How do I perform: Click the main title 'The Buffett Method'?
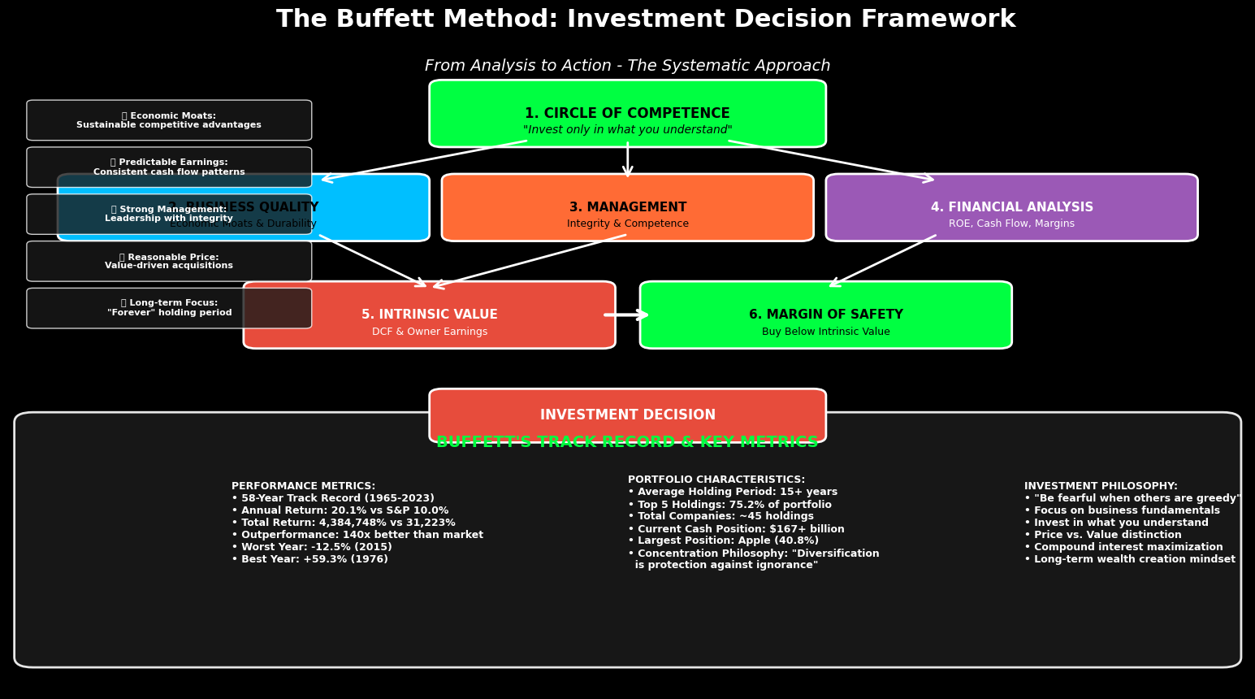coord(645,20)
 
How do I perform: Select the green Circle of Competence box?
coord(627,113)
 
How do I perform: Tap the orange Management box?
coord(627,208)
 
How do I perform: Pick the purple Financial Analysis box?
coord(1011,208)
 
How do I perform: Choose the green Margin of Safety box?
coord(825,315)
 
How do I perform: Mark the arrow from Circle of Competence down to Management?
coord(627,160)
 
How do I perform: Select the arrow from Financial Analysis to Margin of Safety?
coord(883,260)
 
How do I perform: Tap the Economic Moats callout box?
coord(169,120)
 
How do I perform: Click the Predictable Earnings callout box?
coord(169,167)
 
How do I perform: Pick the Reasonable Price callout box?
coord(169,261)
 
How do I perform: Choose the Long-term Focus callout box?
coord(169,308)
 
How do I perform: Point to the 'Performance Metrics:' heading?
coord(303,486)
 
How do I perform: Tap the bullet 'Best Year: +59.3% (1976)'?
coord(309,559)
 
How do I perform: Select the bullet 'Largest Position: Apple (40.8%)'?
coord(723,541)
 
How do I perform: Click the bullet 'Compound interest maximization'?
coord(1123,547)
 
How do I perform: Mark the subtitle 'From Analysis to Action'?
coord(627,66)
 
